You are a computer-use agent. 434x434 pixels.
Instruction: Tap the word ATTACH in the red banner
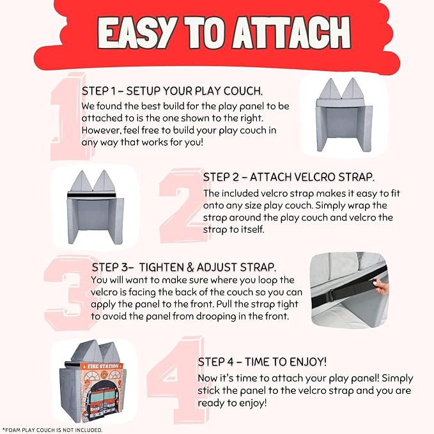[291, 33]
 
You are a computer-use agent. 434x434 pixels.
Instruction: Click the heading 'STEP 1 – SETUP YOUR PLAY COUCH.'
[172, 91]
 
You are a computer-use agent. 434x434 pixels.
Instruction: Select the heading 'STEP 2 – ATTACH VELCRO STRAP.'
[289, 177]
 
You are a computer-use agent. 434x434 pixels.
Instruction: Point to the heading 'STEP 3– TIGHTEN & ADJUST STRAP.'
[184, 267]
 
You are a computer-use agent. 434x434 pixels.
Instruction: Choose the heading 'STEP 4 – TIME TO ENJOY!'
[263, 362]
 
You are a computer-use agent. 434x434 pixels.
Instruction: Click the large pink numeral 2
[183, 205]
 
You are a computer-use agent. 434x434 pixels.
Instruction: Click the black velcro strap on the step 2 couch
[91, 196]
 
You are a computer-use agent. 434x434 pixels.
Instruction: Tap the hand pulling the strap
[380, 286]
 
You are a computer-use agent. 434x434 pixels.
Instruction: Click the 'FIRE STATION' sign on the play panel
[103, 366]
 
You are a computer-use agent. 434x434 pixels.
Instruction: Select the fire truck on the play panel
[101, 402]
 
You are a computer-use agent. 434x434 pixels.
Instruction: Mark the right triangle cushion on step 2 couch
[104, 181]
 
